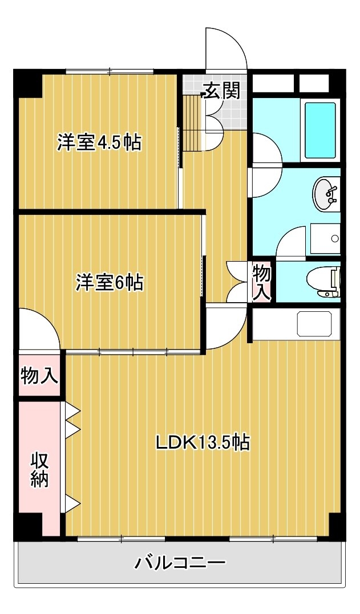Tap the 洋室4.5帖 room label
point(99,143)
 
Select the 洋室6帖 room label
point(110,282)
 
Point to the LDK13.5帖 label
point(203,443)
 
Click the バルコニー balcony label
point(180,563)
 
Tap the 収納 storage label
point(39,470)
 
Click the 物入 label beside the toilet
point(261,282)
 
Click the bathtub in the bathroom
point(321,130)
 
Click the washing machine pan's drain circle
point(335,238)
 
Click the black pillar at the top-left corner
point(28,83)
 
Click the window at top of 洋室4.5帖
point(110,72)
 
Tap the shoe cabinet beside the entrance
point(192,123)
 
